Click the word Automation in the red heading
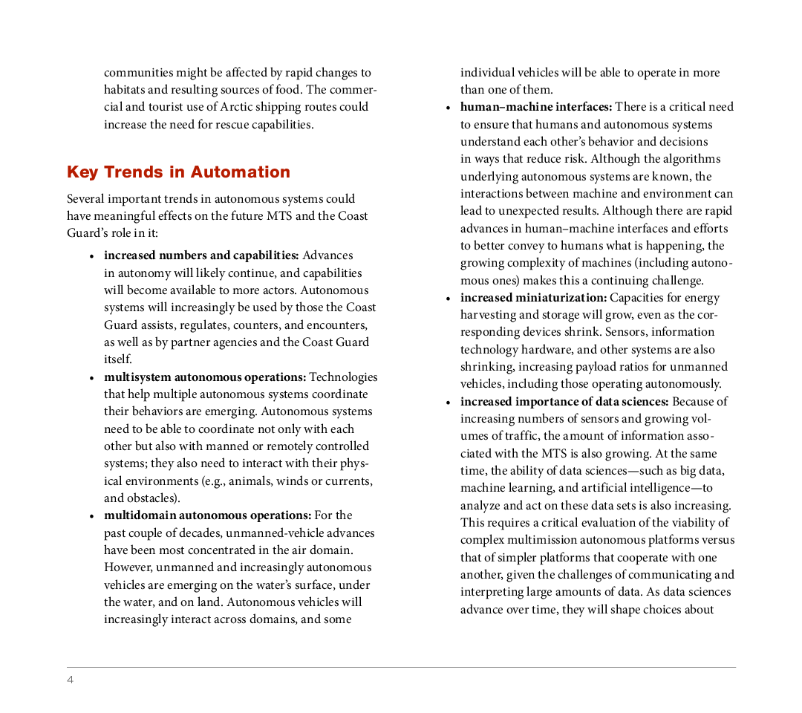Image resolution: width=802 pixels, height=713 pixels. coord(240,172)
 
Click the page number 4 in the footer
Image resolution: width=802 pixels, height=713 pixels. coord(71,680)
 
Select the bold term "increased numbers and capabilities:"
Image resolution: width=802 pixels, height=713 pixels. coord(201,255)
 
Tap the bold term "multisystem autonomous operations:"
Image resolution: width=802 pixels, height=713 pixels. coord(205,377)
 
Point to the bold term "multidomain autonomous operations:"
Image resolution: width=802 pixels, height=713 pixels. coord(207,515)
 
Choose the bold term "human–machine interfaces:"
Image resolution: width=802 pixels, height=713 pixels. coord(535,107)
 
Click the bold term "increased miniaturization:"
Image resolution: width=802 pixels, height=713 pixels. coord(533,298)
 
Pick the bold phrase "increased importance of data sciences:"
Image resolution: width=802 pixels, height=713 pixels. coord(564,402)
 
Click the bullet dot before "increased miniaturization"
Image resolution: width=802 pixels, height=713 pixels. coord(448,299)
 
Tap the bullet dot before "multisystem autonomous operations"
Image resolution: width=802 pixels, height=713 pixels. coord(91,378)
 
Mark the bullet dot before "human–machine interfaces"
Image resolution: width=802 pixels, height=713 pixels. coord(448,108)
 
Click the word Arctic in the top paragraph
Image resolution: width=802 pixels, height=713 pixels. coord(236,107)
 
